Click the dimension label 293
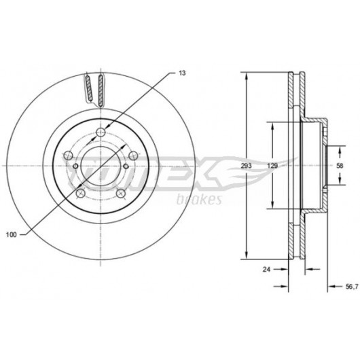coord(247,166)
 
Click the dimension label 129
coord(272,166)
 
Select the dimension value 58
coord(340,166)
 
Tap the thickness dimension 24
coord(266,270)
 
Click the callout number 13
coord(182,73)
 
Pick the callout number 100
coord(12,235)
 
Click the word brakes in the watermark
coord(199,199)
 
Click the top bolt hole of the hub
coord(101,132)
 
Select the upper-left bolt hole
coord(68,156)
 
